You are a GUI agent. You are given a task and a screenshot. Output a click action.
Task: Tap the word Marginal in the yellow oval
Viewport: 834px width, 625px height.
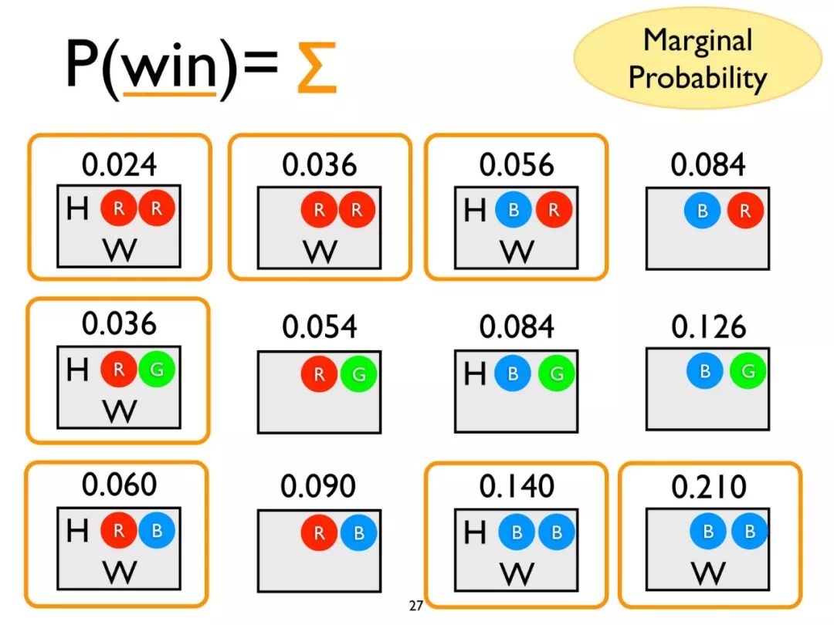[x=697, y=40]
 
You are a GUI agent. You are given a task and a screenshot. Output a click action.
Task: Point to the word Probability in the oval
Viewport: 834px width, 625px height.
[x=697, y=77]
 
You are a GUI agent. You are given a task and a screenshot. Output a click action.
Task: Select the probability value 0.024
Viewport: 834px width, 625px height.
[x=120, y=164]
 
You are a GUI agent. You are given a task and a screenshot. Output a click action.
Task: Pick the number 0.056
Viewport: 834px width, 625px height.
[x=517, y=164]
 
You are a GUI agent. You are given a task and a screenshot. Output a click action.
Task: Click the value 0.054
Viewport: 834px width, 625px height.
[x=319, y=327]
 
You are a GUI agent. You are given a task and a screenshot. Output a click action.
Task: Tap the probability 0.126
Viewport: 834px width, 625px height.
[x=708, y=327]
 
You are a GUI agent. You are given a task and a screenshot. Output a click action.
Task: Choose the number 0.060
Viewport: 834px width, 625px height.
[x=120, y=485]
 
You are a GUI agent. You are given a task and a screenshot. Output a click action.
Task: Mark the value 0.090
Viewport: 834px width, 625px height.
[x=319, y=486]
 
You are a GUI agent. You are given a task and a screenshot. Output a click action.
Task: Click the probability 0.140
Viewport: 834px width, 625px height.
[x=517, y=486]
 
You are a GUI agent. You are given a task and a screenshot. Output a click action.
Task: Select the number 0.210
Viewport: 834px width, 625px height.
[x=708, y=486]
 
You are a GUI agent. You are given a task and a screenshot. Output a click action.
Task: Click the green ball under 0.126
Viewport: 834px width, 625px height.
[x=748, y=371]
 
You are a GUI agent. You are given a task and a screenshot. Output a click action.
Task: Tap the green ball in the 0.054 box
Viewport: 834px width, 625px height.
[x=358, y=375]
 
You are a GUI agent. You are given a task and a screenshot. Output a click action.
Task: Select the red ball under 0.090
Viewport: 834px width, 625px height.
[x=319, y=533]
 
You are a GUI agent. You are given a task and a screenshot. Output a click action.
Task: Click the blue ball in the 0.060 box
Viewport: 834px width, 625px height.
[x=157, y=531]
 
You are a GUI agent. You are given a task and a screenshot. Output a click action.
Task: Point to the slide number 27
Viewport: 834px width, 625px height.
[x=416, y=606]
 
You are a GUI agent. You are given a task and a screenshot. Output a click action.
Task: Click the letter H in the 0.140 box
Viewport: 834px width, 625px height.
[x=475, y=532]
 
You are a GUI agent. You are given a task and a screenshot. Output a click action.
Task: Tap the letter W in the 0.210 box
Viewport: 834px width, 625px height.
[x=708, y=573]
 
